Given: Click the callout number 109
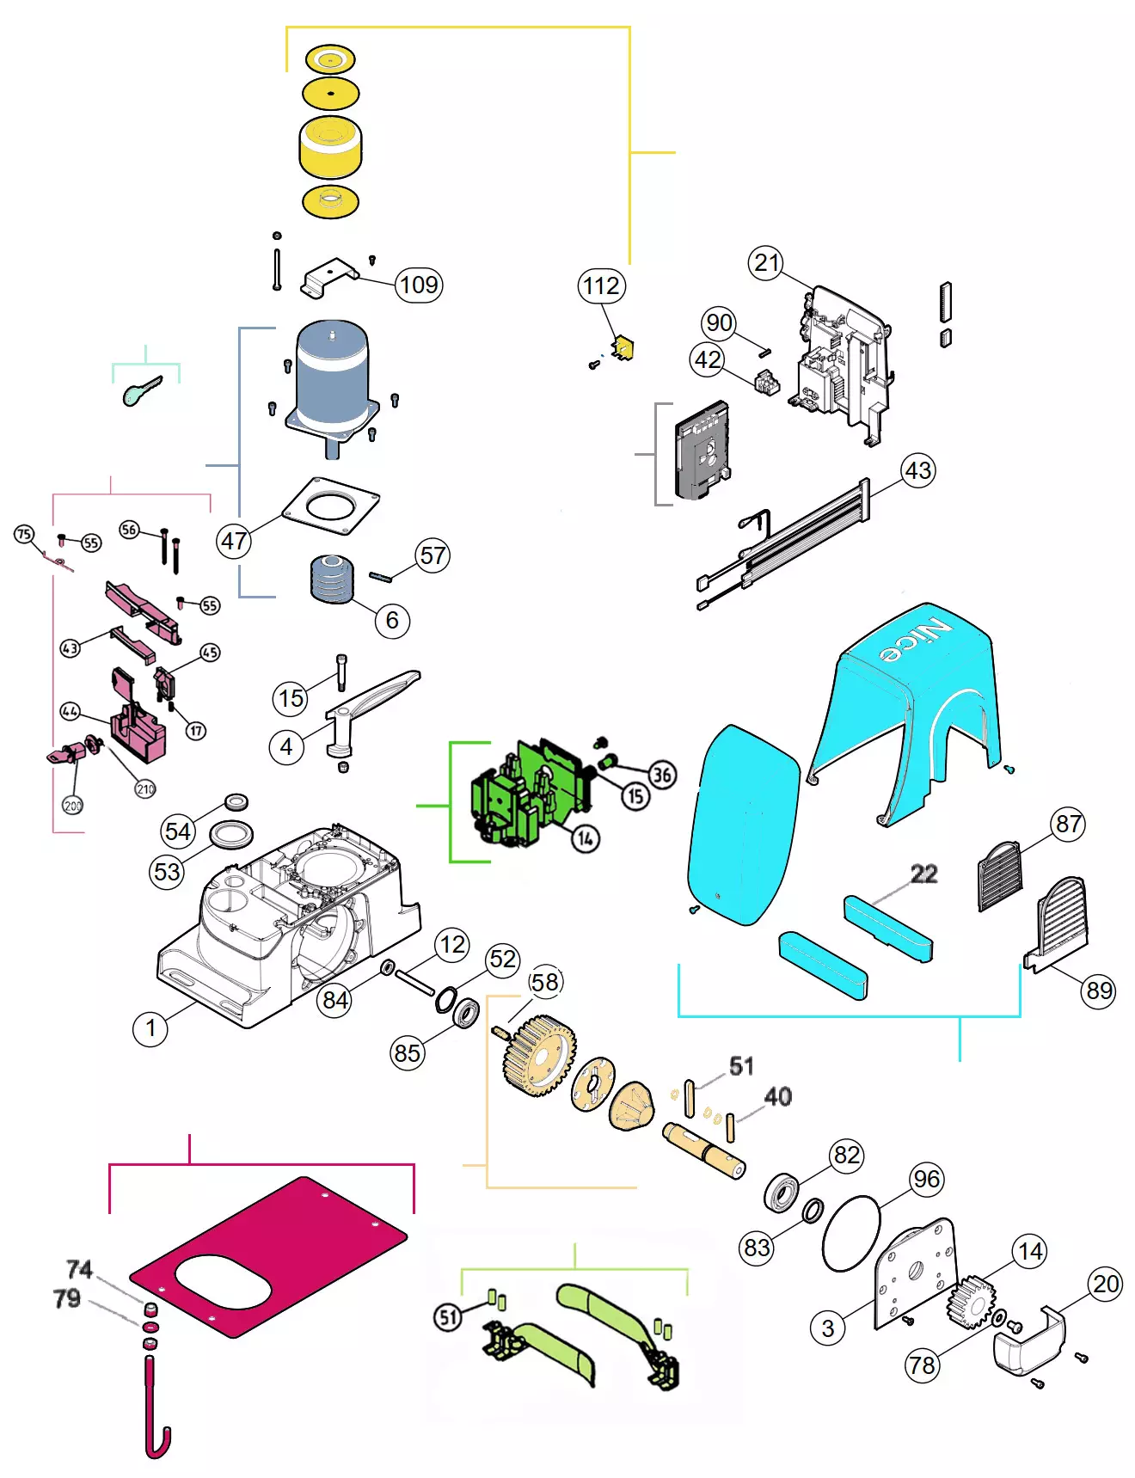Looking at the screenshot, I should pyautogui.click(x=419, y=285).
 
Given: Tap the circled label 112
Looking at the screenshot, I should pyautogui.click(x=600, y=285).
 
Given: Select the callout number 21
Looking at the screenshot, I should pyautogui.click(x=766, y=262).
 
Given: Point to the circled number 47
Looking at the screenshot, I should pyautogui.click(x=234, y=541).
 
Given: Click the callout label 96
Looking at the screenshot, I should pyautogui.click(x=926, y=1178).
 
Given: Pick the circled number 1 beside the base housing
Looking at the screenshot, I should pyautogui.click(x=150, y=1028).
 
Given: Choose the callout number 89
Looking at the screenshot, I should pyautogui.click(x=1099, y=990).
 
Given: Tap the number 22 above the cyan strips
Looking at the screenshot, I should pyautogui.click(x=923, y=874).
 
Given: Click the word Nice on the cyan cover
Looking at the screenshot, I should pyautogui.click(x=916, y=641).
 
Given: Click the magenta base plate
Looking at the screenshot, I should pyautogui.click(x=268, y=1255).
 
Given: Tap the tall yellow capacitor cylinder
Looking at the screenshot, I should pyautogui.click(x=330, y=148).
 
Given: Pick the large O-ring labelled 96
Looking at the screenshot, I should pyautogui.click(x=851, y=1233).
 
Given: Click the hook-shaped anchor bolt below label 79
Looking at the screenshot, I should pyautogui.click(x=155, y=1410).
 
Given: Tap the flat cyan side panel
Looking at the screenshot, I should pyautogui.click(x=744, y=825).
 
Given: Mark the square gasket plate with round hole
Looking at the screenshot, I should pyautogui.click(x=330, y=509).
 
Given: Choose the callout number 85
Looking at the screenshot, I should pyautogui.click(x=407, y=1052).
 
